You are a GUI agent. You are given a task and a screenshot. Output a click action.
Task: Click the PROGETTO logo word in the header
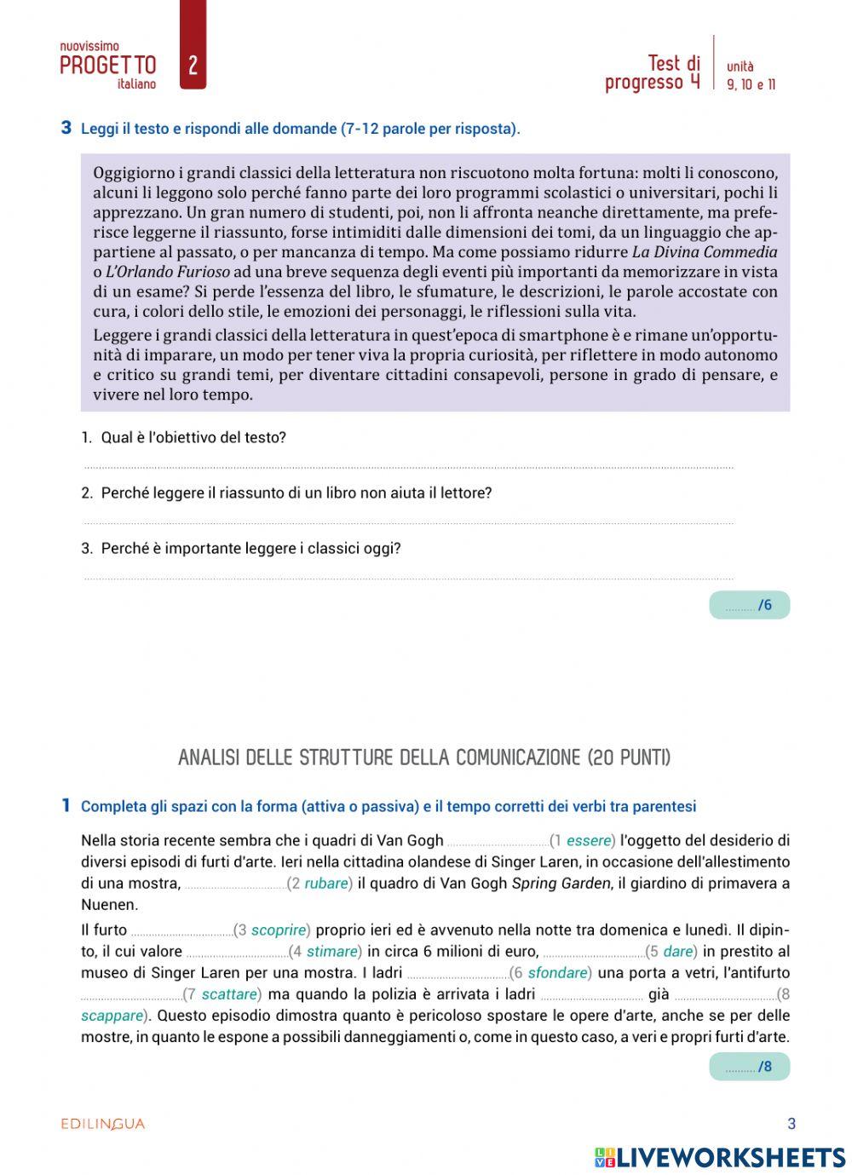108,66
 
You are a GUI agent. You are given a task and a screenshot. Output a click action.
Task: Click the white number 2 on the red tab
193,66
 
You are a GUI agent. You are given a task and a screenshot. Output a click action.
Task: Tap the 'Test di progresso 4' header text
653,72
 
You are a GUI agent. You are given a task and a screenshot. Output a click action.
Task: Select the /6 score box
749,605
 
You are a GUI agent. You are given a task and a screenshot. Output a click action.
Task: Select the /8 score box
749,1067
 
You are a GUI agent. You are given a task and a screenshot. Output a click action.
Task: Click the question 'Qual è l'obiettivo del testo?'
193,438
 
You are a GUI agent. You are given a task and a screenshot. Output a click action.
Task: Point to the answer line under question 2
409,522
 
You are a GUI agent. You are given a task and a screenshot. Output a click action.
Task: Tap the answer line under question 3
409,578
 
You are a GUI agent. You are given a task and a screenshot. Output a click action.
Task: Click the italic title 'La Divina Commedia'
705,252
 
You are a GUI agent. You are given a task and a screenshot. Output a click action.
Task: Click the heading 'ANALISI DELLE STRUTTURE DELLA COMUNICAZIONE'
424,757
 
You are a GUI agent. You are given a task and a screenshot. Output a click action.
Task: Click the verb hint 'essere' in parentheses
589,841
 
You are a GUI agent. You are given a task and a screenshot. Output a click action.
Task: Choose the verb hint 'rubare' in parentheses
326,884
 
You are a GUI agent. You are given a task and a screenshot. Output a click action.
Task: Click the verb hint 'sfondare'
558,973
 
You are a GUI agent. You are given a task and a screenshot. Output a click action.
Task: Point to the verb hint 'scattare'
229,994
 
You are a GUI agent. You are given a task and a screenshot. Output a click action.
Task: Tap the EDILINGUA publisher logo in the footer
103,1124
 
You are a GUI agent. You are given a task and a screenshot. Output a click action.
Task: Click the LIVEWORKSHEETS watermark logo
720,1156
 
